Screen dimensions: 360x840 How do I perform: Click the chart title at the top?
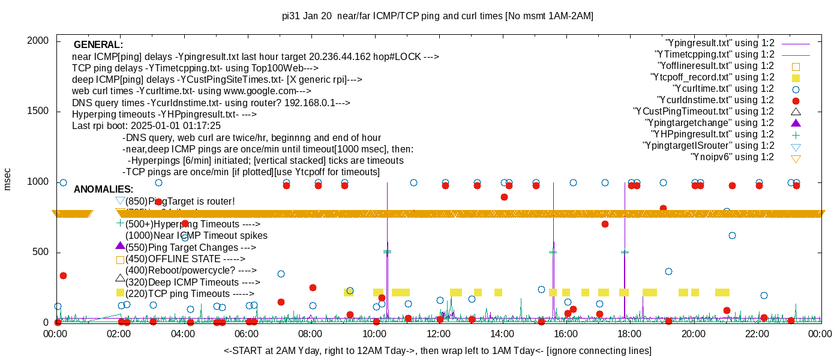tap(437, 16)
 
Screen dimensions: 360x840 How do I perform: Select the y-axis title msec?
tap(8, 179)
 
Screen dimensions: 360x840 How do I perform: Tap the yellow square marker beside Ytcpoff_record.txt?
tap(796, 78)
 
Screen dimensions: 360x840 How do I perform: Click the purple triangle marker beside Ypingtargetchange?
tap(796, 122)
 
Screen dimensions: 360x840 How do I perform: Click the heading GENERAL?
tap(98, 45)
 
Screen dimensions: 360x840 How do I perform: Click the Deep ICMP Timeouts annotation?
tap(192, 282)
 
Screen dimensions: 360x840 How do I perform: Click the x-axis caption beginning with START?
tap(437, 350)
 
